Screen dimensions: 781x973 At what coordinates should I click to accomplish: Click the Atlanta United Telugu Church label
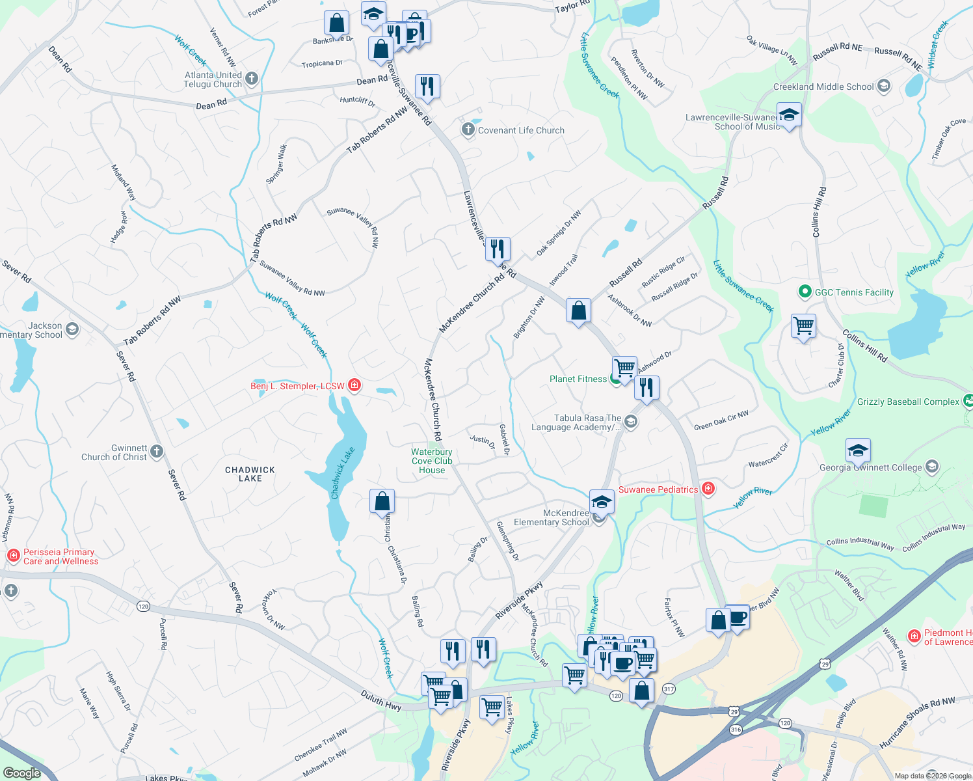(x=213, y=79)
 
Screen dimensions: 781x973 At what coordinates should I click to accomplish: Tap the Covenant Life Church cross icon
(x=468, y=130)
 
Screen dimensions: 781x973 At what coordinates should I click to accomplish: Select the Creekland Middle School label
(x=823, y=87)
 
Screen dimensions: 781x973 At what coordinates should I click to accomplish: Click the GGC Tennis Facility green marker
(x=805, y=292)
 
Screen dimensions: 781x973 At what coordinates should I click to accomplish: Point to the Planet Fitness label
(x=578, y=379)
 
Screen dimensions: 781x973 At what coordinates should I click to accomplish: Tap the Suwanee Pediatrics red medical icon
(x=708, y=489)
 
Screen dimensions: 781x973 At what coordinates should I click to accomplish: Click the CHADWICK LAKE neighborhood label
(x=250, y=474)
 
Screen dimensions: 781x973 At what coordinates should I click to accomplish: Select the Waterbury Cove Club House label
(x=432, y=461)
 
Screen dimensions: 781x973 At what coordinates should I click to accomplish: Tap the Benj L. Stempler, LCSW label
(x=297, y=386)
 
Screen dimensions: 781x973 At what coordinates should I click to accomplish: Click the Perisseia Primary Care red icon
(x=13, y=555)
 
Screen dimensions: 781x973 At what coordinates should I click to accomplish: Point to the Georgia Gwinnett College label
(x=870, y=467)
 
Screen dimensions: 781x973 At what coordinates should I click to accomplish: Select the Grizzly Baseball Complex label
(x=908, y=402)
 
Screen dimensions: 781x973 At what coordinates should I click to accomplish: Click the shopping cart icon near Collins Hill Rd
(x=804, y=325)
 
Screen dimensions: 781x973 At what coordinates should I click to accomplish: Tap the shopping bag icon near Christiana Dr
(x=382, y=502)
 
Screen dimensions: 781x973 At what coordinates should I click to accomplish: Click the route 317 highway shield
(x=669, y=689)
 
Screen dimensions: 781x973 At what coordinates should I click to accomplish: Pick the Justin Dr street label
(x=482, y=442)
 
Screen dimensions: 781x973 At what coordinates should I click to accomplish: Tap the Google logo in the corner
(x=22, y=773)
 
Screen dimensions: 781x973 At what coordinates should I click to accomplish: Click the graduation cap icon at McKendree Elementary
(x=602, y=502)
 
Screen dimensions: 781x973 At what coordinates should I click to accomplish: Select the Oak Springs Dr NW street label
(x=559, y=232)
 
